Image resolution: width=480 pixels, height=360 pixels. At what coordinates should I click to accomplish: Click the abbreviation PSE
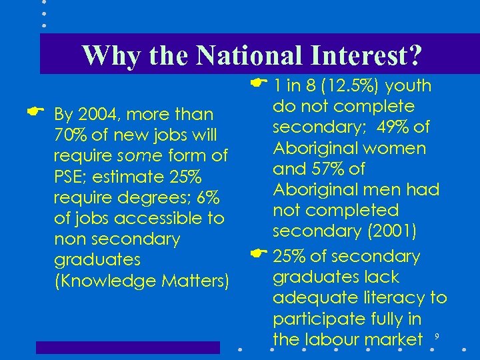(x=69, y=177)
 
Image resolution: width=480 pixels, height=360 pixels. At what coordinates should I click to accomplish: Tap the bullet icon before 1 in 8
(x=258, y=83)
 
